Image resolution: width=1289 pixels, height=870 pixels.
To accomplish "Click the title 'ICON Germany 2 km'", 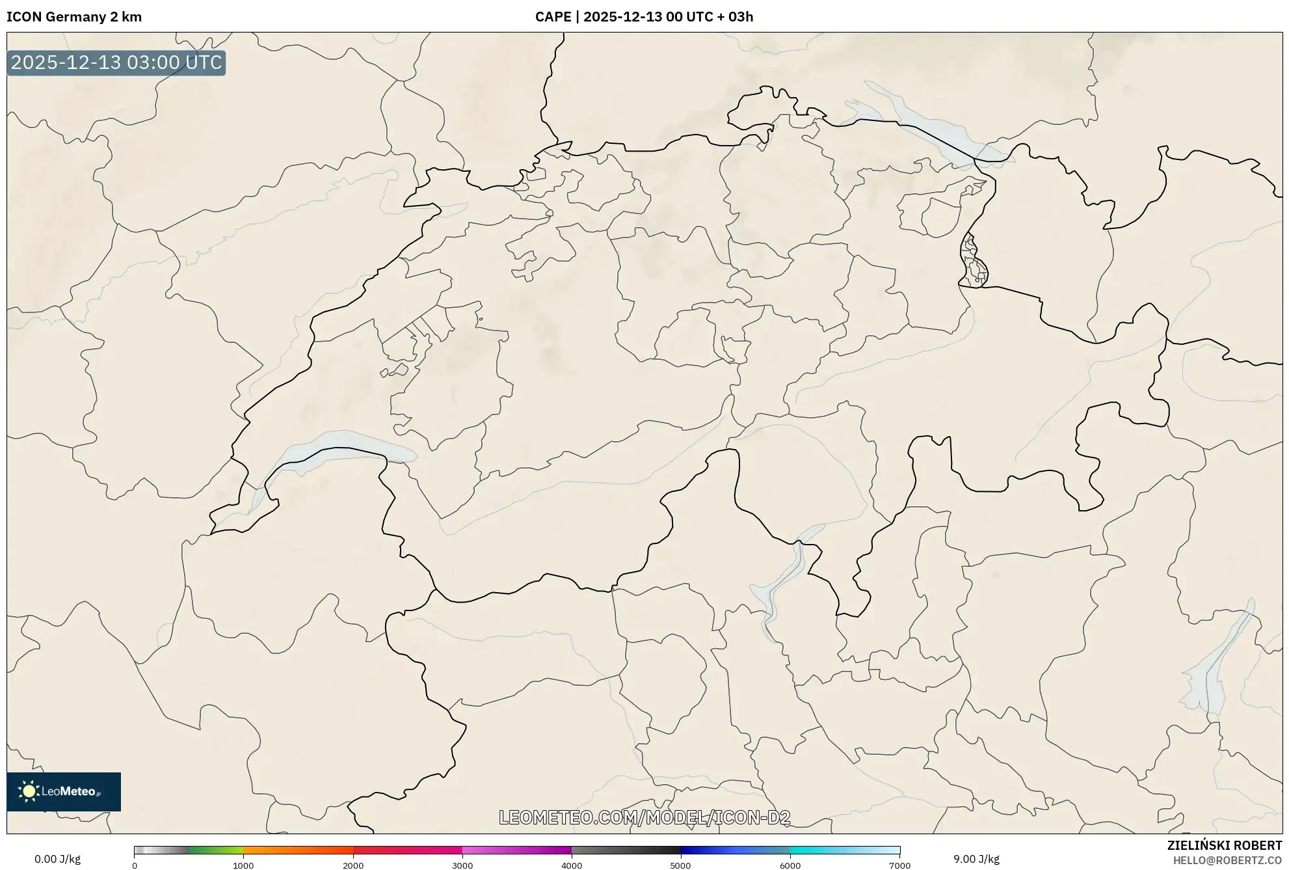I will (74, 17).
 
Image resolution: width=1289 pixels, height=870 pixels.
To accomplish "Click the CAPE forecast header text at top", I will (644, 17).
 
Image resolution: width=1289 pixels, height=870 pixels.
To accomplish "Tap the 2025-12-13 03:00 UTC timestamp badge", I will (116, 62).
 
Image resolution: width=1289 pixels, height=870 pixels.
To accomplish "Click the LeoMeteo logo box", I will (64, 791).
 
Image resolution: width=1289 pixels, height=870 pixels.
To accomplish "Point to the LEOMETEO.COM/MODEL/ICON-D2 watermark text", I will (644, 817).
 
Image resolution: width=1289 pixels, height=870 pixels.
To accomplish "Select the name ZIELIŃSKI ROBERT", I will (1225, 845).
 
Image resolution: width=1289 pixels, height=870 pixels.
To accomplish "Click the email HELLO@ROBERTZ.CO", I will (1227, 860).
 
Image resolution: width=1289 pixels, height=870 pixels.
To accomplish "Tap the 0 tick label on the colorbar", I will (135, 865).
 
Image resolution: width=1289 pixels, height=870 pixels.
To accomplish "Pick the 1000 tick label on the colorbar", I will (243, 865).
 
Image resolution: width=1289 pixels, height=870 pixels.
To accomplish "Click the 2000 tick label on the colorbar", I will (353, 865).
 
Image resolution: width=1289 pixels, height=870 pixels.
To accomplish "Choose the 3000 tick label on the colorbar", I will (462, 865).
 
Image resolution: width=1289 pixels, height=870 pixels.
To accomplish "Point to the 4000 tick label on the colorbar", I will (572, 865).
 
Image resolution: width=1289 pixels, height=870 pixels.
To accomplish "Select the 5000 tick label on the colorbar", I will (681, 865).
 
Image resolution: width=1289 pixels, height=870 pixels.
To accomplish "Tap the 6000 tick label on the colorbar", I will (790, 865).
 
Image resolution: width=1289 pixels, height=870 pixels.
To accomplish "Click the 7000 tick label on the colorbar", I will (899, 865).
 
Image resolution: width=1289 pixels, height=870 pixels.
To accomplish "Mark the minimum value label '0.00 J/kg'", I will (58, 859).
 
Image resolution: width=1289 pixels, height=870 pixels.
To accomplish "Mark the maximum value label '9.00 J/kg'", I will (976, 859).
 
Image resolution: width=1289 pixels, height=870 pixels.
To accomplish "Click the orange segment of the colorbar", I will (286, 850).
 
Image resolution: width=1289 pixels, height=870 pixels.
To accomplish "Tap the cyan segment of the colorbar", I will (819, 850).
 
